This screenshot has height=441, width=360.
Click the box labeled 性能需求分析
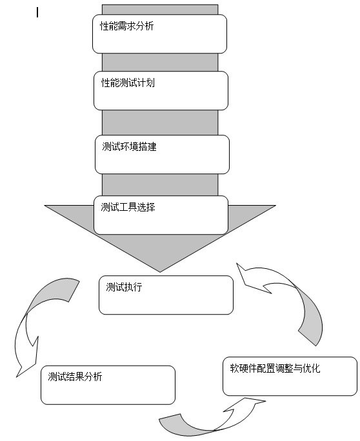coord(159,34)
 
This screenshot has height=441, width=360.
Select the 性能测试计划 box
coord(161,90)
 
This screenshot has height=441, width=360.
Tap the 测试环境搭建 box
coord(162,154)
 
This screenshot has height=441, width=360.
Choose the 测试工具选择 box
coord(161,215)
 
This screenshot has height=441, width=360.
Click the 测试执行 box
coord(166,295)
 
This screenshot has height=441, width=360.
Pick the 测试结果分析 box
coord(108,385)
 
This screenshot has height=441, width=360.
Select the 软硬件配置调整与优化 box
coord(290,377)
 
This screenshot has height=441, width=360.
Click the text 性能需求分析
coord(127,26)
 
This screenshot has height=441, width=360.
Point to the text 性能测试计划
coord(128,83)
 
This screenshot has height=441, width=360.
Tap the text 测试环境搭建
coord(129,146)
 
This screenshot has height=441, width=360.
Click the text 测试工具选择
coord(128,207)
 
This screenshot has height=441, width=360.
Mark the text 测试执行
coord(124,287)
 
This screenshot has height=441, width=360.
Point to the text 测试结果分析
coord(75,377)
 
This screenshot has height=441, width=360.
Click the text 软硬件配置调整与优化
coord(275,368)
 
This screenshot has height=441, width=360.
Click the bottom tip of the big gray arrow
coord(160,272)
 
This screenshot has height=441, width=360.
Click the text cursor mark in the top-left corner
coord(37,13)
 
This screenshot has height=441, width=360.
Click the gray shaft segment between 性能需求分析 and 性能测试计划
coord(160,62)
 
